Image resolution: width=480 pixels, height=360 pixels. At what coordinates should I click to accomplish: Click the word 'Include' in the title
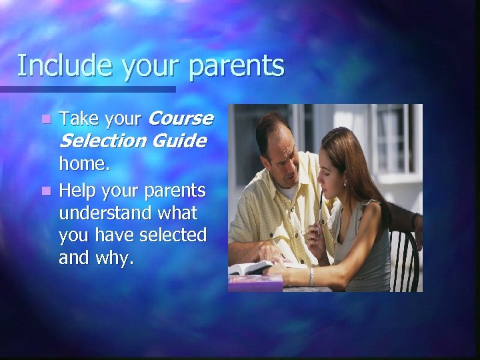pyautogui.click(x=55, y=66)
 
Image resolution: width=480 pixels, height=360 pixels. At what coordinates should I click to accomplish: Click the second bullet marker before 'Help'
pyautogui.click(x=45, y=191)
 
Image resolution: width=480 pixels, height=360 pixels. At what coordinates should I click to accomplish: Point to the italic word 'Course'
pyautogui.click(x=179, y=119)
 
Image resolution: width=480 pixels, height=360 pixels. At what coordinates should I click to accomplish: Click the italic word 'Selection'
pyautogui.click(x=103, y=141)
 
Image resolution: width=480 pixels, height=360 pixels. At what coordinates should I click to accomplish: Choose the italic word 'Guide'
pyautogui.click(x=178, y=141)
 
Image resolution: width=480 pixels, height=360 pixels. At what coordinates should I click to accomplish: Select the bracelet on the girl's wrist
pyautogui.click(x=311, y=276)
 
